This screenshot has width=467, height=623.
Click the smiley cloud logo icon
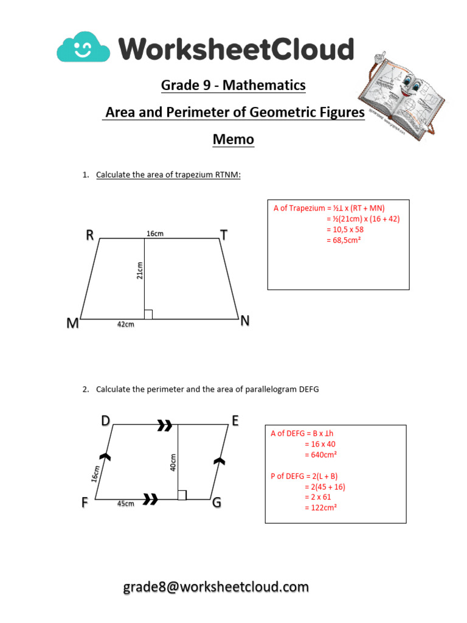(x=83, y=47)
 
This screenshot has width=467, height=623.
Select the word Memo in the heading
(x=233, y=139)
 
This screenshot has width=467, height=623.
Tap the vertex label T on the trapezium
(x=224, y=236)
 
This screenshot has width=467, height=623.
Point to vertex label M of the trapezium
(x=73, y=324)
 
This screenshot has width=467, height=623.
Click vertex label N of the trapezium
(x=245, y=321)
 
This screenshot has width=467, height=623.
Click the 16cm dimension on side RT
(x=155, y=234)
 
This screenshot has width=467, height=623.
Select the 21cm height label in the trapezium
(x=139, y=270)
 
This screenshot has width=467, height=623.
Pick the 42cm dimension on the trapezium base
(x=125, y=325)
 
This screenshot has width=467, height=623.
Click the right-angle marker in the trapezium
(x=148, y=315)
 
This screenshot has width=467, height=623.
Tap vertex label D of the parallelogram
(x=106, y=420)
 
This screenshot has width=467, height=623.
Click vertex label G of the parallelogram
(x=216, y=503)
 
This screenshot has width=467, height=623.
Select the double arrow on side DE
(x=164, y=426)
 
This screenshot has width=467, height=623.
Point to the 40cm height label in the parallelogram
(x=173, y=462)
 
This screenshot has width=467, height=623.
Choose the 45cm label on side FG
(x=125, y=504)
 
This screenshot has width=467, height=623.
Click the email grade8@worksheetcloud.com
(x=216, y=587)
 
